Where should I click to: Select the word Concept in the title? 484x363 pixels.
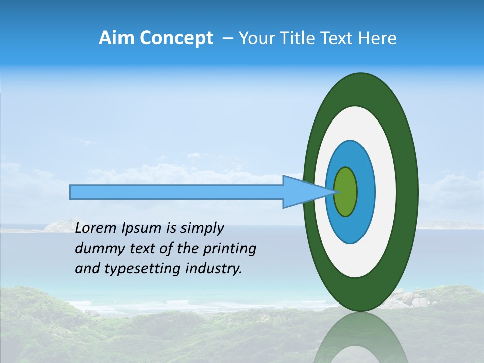[177, 39]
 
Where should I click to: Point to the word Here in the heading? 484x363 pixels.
[378, 38]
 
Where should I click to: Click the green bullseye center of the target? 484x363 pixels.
[346, 192]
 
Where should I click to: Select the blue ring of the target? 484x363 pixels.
[365, 192]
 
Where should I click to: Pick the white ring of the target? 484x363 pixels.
[386, 192]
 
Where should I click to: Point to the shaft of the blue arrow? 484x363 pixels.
[176, 192]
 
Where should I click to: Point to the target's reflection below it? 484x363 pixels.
[360, 338]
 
